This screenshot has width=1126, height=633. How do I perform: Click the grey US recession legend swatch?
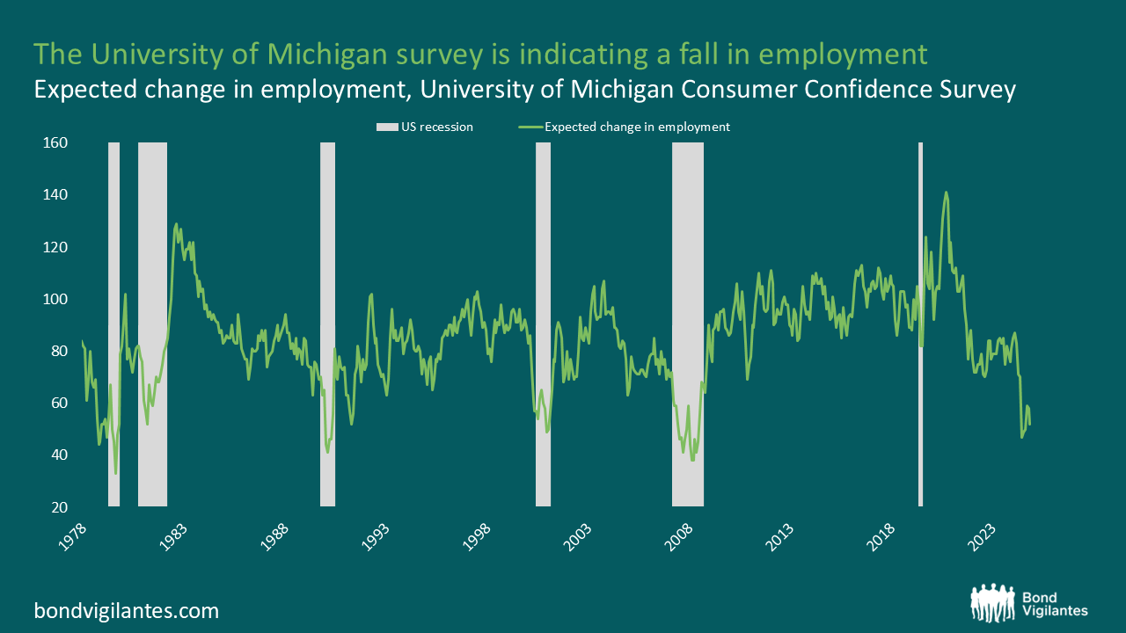[387, 127]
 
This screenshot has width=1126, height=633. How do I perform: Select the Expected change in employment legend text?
[637, 127]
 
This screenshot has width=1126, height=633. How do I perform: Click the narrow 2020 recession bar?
[920, 324]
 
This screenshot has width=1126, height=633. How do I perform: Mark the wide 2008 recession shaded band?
[688, 324]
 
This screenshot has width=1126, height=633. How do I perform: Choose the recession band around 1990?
[327, 324]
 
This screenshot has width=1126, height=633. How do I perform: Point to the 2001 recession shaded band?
[543, 324]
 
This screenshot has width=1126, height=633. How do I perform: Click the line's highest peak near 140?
[946, 192]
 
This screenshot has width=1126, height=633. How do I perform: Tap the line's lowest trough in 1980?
[115, 474]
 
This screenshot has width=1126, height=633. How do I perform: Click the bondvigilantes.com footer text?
[127, 610]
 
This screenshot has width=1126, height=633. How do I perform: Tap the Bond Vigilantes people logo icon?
[994, 602]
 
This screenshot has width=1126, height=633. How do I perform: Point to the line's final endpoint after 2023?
[1029, 425]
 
